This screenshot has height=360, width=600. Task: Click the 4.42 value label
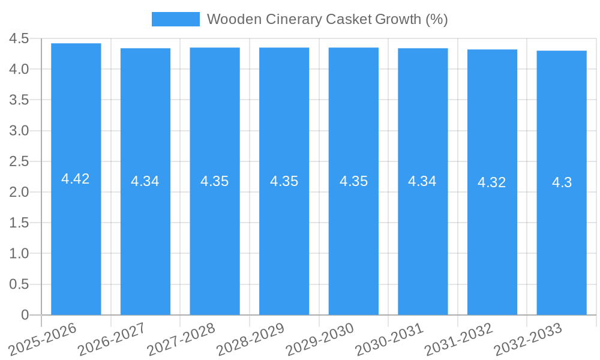point(76,179)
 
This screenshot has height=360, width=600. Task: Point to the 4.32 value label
point(492,182)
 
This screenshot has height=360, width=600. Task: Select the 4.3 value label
point(562,182)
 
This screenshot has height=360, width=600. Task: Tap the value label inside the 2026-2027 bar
point(145,181)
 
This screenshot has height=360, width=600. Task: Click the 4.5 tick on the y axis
point(19,39)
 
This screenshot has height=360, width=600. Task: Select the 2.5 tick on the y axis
point(19,161)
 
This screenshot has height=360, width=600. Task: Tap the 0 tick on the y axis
point(25,315)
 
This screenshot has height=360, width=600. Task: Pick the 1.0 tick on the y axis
point(19,254)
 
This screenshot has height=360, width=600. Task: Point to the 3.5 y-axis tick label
point(19,100)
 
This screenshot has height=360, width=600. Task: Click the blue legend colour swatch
point(175,19)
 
